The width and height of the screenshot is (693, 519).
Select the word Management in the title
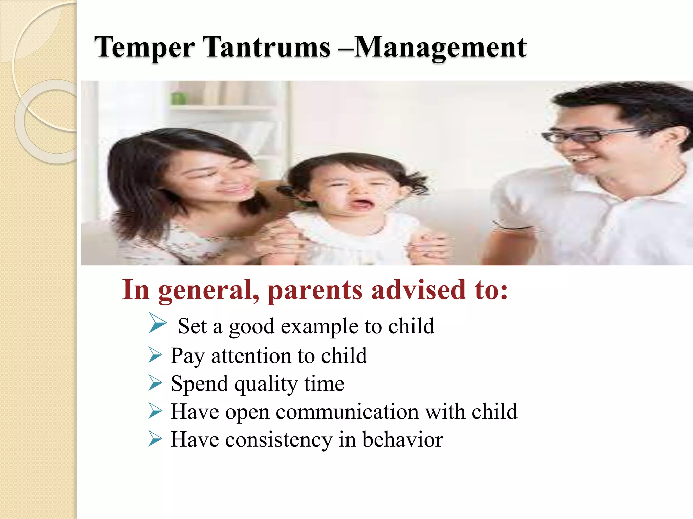pos(440,47)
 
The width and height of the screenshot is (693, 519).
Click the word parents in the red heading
pos(315,290)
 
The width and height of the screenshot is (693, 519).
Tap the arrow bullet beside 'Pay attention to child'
pos(155,355)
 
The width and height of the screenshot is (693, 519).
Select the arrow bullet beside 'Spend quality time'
pos(155,384)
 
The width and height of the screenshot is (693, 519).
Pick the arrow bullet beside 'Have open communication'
pos(155,412)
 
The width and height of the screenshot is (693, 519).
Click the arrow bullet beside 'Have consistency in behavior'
pos(155,439)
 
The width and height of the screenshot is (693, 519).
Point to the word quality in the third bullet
pos(266,384)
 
